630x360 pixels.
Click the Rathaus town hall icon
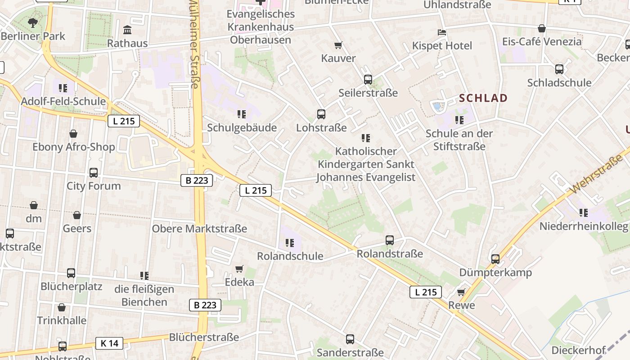[127, 30]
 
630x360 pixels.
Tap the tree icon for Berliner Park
[32, 22]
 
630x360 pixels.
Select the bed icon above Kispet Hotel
[442, 32]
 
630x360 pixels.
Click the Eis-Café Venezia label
[542, 42]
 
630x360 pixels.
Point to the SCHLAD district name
[483, 98]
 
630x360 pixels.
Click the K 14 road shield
[109, 343]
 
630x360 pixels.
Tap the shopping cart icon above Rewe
[461, 292]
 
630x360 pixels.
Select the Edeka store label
[239, 282]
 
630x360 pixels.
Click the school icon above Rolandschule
[290, 243]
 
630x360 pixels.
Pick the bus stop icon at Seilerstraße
[368, 80]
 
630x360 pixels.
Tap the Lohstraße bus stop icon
[321, 114]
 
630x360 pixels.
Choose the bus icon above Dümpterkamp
[495, 259]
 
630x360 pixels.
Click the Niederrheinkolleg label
[583, 226]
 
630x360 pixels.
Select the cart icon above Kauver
[338, 45]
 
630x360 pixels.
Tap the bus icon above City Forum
[94, 172]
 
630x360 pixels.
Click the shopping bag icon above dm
[34, 206]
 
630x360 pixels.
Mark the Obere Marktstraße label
[199, 229]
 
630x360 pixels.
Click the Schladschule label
[559, 83]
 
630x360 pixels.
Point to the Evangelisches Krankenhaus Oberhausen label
[261, 27]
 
